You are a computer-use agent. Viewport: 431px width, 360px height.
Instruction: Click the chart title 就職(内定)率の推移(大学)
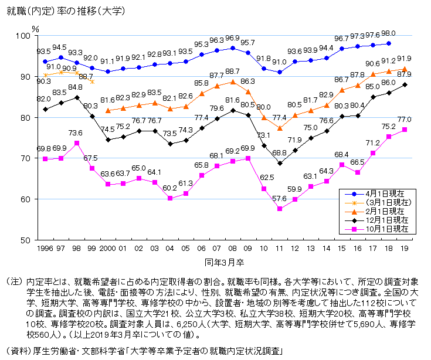tap(66, 11)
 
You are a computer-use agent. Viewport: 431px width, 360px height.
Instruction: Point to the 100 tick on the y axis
tap(23, 36)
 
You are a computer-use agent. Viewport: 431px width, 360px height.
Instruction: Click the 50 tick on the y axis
tap(25, 240)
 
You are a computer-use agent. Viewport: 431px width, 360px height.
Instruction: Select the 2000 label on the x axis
tap(107, 249)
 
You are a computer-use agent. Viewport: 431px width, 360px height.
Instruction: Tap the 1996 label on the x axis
tap(45, 249)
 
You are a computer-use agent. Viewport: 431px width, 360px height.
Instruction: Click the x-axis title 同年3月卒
tap(224, 263)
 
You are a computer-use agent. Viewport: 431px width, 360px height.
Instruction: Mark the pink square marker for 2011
tap(280, 209)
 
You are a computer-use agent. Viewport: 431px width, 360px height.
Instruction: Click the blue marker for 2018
tap(389, 43)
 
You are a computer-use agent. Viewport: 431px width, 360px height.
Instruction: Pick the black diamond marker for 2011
tap(280, 163)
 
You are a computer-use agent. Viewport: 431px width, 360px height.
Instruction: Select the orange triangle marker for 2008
tap(233, 82)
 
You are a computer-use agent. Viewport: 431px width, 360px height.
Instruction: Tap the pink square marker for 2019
tap(405, 130)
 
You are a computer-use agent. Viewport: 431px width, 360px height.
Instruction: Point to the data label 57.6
tap(279, 199)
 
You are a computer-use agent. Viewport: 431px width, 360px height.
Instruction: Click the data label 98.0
tap(388, 33)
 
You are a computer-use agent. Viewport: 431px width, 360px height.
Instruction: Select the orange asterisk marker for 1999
tap(93, 81)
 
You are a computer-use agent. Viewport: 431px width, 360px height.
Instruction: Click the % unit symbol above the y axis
tap(35, 29)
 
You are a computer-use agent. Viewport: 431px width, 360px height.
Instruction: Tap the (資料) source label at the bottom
tap(18, 351)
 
